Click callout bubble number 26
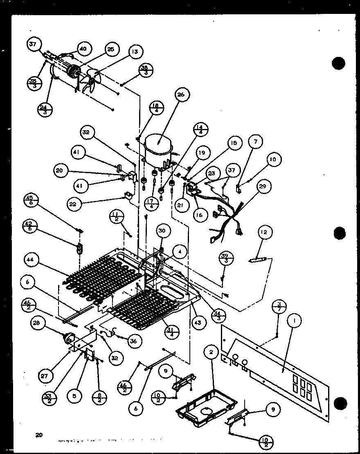pos(181,95)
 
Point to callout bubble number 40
pos(83,49)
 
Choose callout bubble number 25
pos(110,49)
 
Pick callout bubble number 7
pos(255,142)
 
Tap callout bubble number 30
pos(162,231)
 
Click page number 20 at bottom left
pos(39,435)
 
